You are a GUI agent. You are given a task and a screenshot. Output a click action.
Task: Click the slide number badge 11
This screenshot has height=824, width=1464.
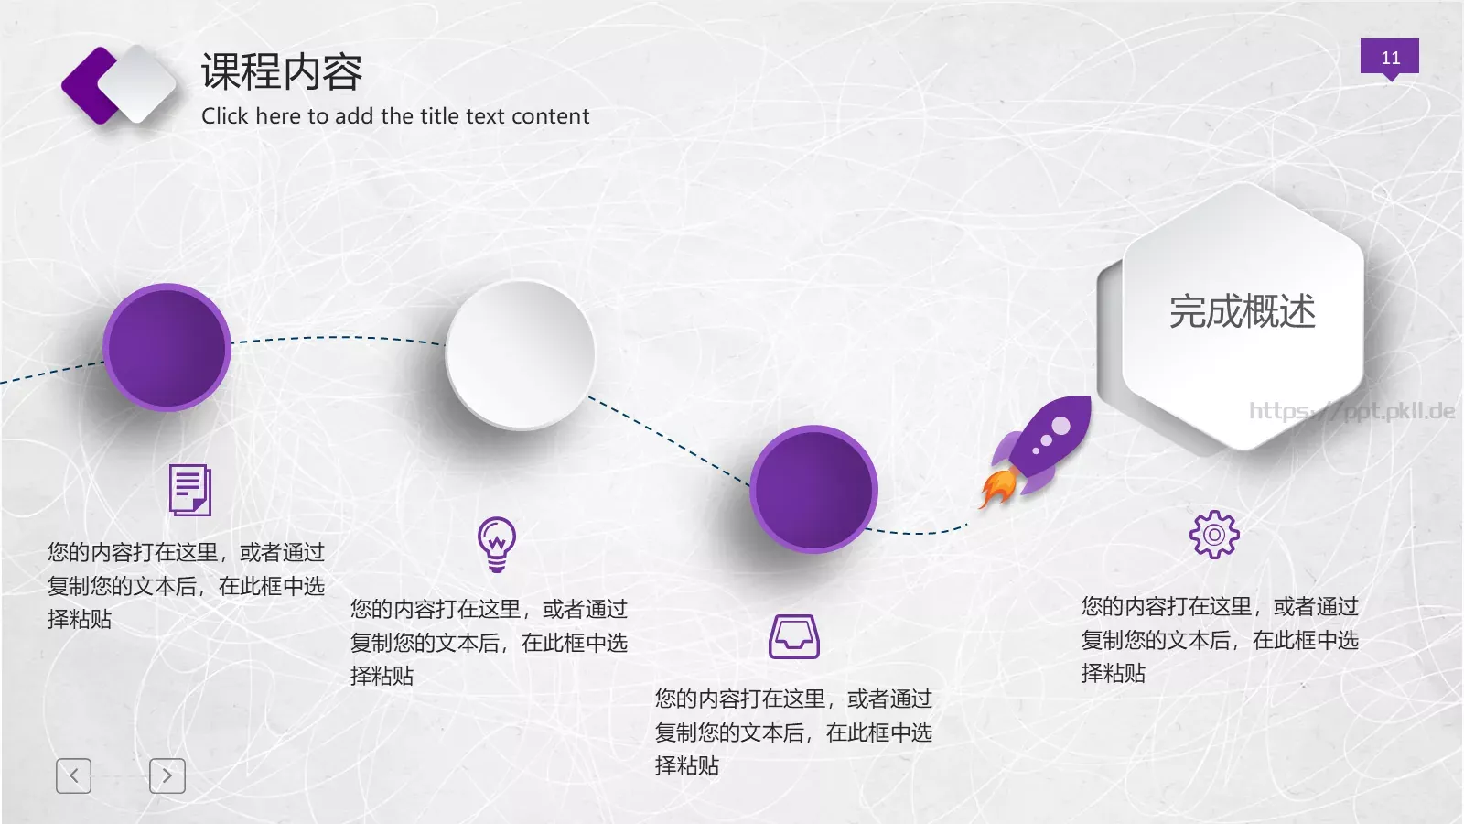[x=1389, y=57]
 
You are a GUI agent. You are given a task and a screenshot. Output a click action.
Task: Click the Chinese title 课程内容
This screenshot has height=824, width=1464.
[x=282, y=71]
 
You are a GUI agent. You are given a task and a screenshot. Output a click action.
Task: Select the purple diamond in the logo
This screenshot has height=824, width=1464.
[x=87, y=85]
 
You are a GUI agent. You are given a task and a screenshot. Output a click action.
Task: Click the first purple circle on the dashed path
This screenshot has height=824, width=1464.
[x=167, y=347]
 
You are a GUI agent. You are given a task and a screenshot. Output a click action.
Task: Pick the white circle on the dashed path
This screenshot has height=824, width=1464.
[x=520, y=354]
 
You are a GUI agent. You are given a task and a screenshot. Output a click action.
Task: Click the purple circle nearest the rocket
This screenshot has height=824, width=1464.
[x=813, y=489]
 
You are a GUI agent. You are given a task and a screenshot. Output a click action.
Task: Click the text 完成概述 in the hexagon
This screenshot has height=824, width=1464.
[x=1242, y=311]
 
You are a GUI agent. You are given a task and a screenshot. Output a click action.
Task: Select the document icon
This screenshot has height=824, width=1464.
[x=190, y=490]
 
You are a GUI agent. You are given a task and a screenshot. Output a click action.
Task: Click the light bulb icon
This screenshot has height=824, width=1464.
[x=497, y=544]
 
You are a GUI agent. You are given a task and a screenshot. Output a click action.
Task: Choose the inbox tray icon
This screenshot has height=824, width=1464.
[x=793, y=636]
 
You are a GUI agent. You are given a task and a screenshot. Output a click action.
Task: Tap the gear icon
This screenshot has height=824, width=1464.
[x=1214, y=535]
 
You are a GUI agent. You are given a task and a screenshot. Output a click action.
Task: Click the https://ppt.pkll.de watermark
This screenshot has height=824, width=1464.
[x=1351, y=411]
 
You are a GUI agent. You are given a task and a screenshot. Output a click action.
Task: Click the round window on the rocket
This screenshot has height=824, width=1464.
[x=1060, y=426]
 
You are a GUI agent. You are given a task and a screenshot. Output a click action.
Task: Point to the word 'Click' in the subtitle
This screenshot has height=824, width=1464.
[x=225, y=116]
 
